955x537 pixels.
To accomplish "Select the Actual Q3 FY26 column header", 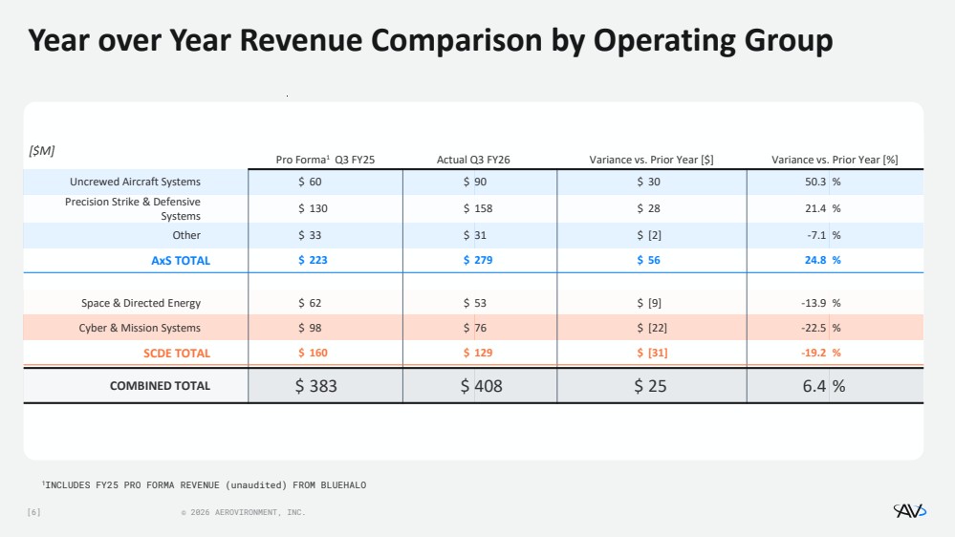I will tap(473, 160).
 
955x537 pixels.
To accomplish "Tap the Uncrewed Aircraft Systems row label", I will tap(135, 182).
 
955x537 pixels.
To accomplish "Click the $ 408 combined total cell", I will tap(481, 386).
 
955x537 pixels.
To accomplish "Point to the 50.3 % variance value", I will tap(822, 182).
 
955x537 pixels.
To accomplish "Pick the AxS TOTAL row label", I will tap(181, 260).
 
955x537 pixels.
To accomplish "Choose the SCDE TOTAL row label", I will tap(177, 353).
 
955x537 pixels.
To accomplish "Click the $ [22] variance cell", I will tap(652, 328).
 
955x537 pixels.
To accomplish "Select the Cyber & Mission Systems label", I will tap(140, 328).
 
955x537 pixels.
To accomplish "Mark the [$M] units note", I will tap(41, 150).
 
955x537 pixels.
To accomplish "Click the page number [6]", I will tap(33, 513).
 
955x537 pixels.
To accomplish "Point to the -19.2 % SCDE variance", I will tap(822, 353).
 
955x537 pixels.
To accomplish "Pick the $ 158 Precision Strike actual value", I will tap(478, 208).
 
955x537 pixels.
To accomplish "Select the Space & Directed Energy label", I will tap(141, 303).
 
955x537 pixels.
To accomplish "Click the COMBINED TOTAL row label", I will tap(160, 386).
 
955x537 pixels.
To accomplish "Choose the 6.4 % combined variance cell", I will tap(824, 386).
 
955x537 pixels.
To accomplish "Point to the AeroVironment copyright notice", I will tap(243, 513).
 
